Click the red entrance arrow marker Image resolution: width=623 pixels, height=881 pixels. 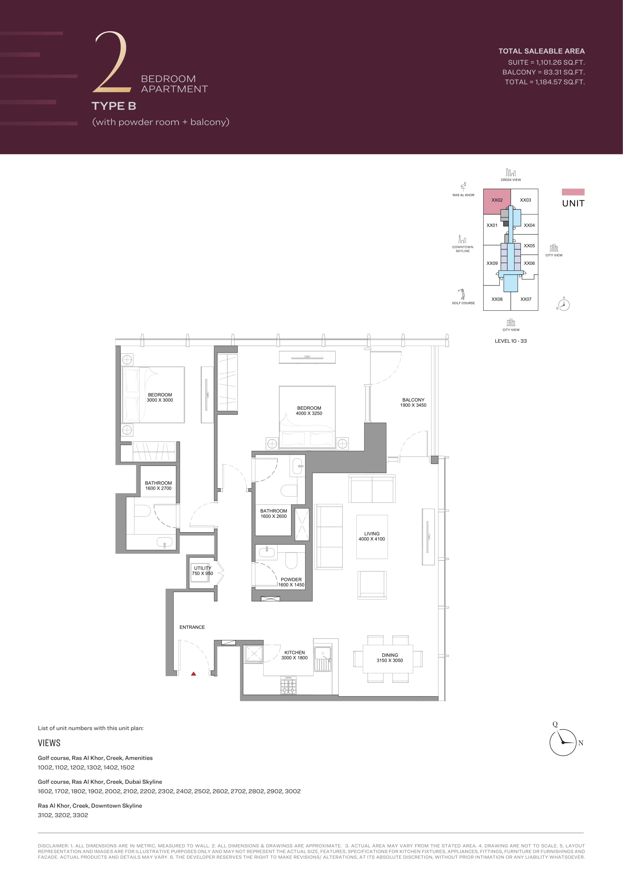click(x=194, y=673)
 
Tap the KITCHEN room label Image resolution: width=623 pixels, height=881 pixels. click(x=295, y=652)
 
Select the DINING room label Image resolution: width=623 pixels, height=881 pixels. click(x=390, y=655)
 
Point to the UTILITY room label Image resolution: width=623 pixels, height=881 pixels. click(x=203, y=568)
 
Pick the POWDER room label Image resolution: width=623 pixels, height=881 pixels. click(x=291, y=579)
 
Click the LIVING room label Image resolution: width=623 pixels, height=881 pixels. click(x=372, y=533)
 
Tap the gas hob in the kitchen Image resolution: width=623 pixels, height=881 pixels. click(x=288, y=685)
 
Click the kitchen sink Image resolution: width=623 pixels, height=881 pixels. click(x=323, y=659)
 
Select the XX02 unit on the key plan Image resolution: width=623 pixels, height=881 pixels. click(x=497, y=201)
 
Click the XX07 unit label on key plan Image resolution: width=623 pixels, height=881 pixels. click(x=526, y=299)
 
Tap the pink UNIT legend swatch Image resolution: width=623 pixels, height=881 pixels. click(x=573, y=192)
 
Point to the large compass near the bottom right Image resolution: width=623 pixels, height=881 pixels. click(x=563, y=742)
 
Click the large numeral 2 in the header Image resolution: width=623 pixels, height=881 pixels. click(x=111, y=62)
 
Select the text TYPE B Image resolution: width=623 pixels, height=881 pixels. click(x=114, y=106)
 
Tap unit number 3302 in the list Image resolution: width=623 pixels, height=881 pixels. click(x=80, y=815)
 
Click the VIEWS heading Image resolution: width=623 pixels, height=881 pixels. click(x=49, y=743)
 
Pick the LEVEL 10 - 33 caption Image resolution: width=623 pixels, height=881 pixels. click(x=511, y=341)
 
